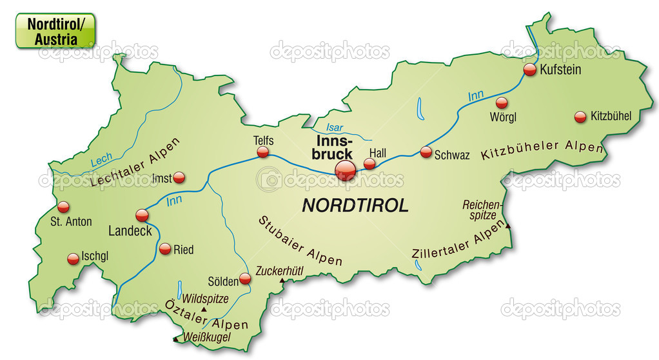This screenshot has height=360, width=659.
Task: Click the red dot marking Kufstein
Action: [530, 70]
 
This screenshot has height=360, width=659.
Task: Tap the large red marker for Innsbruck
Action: [346, 170]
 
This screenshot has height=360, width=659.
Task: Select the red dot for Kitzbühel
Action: [580, 117]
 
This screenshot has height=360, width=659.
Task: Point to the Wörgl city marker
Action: [502, 103]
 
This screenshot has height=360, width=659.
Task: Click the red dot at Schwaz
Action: [426, 152]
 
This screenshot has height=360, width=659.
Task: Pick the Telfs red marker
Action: [262, 152]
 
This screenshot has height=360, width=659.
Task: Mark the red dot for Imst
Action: [179, 177]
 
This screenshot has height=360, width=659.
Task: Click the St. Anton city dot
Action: [63, 207]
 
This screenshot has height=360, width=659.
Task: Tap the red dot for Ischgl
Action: [73, 259]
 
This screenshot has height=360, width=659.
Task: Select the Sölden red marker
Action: [245, 279]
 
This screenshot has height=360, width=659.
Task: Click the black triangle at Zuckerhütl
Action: [282, 281]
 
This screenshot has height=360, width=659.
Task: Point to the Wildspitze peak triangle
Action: [204, 310]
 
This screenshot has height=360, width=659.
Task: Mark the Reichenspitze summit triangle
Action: [508, 225]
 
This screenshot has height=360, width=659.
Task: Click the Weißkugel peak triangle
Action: [175, 338]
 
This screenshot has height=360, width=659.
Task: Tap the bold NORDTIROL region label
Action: [355, 205]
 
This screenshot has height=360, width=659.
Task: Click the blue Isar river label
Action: [335, 127]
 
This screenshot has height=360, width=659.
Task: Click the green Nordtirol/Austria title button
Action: [55, 30]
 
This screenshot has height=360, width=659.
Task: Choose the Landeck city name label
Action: [130, 230]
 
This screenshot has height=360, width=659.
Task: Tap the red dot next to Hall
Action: [369, 163]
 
